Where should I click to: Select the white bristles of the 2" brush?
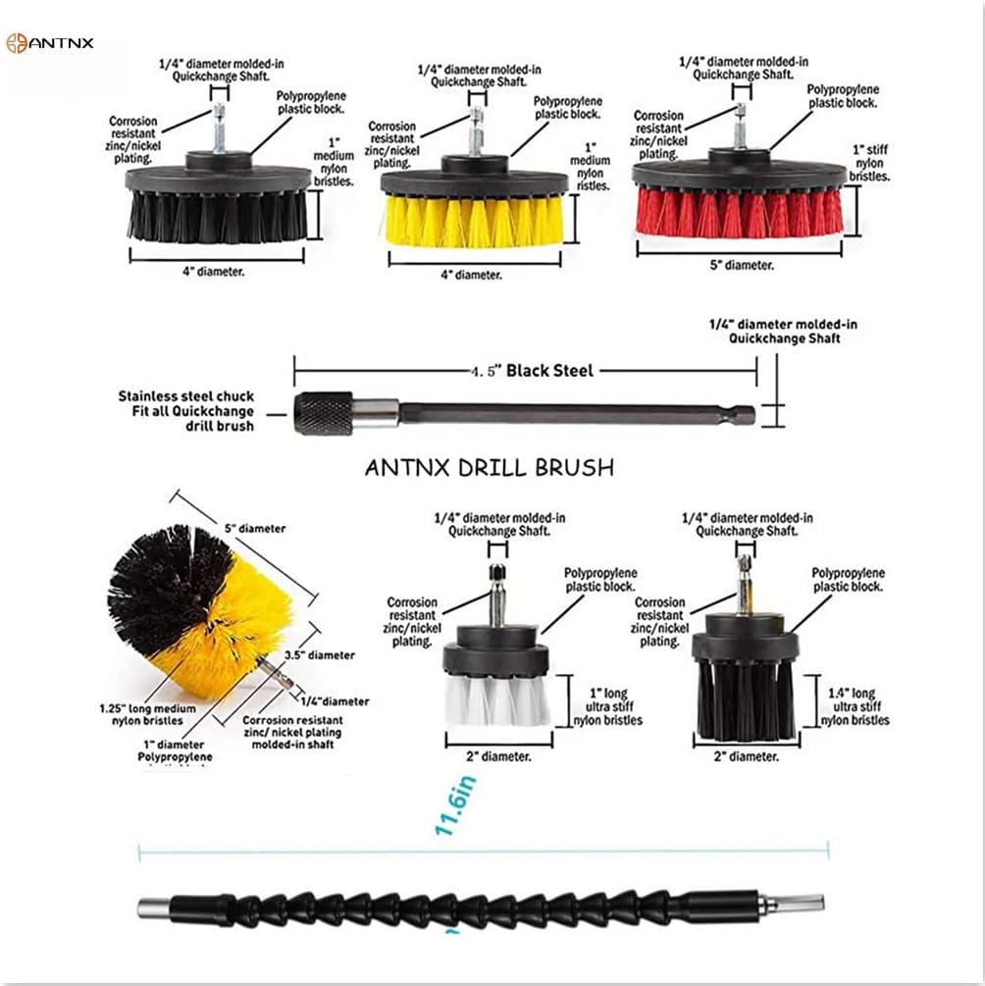click(496, 699)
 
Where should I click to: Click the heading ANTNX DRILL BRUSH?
click(489, 468)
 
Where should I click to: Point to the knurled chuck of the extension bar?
click(324, 413)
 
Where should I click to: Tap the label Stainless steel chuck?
click(185, 396)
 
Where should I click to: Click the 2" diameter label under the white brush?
click(497, 755)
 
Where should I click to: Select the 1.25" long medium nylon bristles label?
click(147, 713)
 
